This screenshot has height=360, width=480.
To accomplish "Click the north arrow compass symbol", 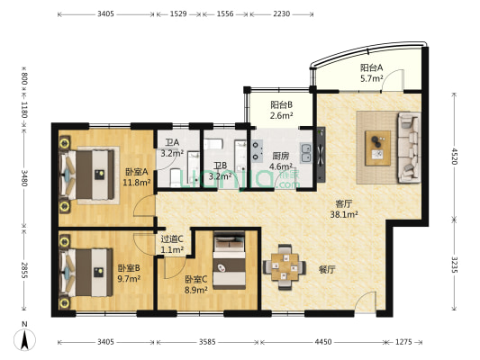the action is click(x=24, y=339).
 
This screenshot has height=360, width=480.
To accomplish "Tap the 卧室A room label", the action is click(x=137, y=172).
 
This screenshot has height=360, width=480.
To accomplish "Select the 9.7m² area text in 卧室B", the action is click(x=129, y=279).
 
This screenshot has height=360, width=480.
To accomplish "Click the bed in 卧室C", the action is click(x=230, y=260).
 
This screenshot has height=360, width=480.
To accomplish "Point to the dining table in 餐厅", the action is click(x=285, y=266).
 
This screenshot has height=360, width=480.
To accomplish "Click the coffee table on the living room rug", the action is click(x=377, y=148).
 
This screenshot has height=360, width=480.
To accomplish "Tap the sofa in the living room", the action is click(x=409, y=148).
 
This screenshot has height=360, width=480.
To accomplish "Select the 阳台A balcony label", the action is click(x=371, y=67).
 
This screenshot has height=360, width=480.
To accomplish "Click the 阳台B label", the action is click(x=281, y=105).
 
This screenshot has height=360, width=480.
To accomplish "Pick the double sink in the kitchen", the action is click(x=306, y=153).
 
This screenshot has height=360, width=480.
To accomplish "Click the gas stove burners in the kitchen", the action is click(x=257, y=151).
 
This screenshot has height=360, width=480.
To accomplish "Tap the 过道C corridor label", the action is click(x=172, y=238).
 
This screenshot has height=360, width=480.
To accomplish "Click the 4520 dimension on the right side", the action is click(x=454, y=157).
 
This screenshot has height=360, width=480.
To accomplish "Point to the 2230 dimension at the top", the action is click(x=281, y=13).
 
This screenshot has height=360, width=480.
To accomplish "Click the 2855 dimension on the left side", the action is click(x=24, y=270).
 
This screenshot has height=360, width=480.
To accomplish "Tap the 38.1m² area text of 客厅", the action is click(x=344, y=214).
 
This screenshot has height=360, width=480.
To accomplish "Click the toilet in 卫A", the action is click(x=176, y=177).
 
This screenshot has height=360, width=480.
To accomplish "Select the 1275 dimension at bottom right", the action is click(x=403, y=342).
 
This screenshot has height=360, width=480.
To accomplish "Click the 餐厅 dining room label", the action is click(x=327, y=270).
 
